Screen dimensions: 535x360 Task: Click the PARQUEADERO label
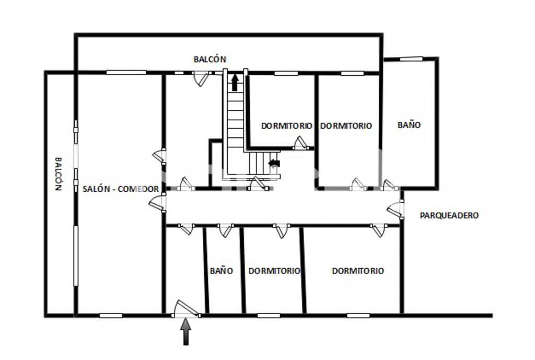pyautogui.click(x=449, y=215)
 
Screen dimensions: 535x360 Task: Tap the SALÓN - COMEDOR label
pyautogui.click(x=121, y=189)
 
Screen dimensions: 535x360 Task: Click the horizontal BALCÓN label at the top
pyautogui.click(x=210, y=60)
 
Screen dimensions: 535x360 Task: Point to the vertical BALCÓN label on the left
pyautogui.click(x=59, y=173)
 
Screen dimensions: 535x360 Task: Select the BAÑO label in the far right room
pyautogui.click(x=409, y=125)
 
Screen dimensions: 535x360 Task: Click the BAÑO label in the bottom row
pyautogui.click(x=222, y=271)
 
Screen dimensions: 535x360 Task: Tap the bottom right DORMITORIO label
pyautogui.click(x=358, y=271)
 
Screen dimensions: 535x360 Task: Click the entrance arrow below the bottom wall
pyautogui.click(x=186, y=331)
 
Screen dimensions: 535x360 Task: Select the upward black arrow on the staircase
pyautogui.click(x=235, y=83)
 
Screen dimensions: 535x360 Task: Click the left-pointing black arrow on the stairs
pyautogui.click(x=274, y=164)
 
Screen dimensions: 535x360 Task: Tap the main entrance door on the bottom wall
pyautogui.click(x=185, y=309)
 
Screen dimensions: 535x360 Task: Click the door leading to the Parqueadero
pyautogui.click(x=396, y=210)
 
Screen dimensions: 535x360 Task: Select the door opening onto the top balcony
pyautogui.click(x=201, y=78)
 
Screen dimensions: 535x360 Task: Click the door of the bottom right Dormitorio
pyautogui.click(x=379, y=230)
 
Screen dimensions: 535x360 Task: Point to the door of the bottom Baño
pyautogui.click(x=226, y=230)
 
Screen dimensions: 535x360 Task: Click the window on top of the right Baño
pyautogui.click(x=411, y=59)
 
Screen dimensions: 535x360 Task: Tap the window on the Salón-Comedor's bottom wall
pyautogui.click(x=111, y=316)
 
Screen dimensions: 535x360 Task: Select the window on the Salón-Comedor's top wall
pyautogui.click(x=126, y=72)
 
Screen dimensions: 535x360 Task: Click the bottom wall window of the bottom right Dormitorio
pyautogui.click(x=358, y=316)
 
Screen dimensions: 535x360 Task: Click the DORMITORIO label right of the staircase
pyautogui.click(x=287, y=126)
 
